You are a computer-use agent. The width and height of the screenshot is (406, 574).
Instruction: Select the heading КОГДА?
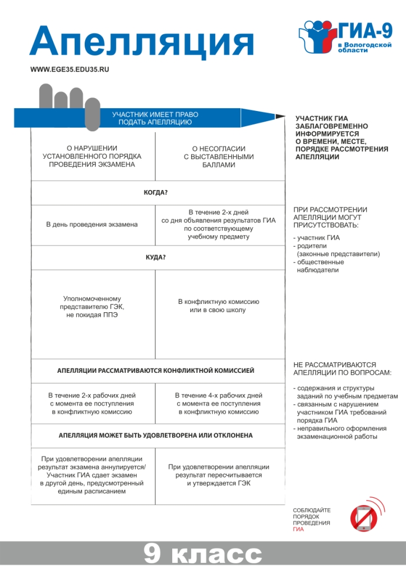pyautogui.click(x=156, y=193)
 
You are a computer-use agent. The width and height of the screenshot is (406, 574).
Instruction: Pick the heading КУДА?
pyautogui.click(x=156, y=258)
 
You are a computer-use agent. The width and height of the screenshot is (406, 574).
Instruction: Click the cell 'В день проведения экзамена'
pyautogui.click(x=92, y=224)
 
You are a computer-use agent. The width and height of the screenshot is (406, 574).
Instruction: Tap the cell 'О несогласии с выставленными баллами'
pyautogui.click(x=218, y=157)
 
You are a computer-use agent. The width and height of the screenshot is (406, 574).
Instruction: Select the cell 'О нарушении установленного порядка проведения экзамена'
pyautogui.click(x=92, y=156)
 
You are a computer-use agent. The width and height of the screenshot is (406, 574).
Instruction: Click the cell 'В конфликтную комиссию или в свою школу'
pyautogui.click(x=218, y=306)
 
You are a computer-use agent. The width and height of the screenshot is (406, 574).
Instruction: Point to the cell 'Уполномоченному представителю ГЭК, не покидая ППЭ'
pyautogui.click(x=92, y=307)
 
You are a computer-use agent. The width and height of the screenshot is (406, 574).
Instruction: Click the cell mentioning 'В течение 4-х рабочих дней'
pyautogui.click(x=218, y=404)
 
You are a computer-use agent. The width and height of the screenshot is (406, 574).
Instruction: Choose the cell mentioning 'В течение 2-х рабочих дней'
pyautogui.click(x=92, y=404)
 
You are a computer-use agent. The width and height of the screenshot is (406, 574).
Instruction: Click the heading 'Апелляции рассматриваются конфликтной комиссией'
pyautogui.click(x=156, y=371)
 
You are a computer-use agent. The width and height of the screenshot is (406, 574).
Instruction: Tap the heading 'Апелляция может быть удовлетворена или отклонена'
pyautogui.click(x=156, y=435)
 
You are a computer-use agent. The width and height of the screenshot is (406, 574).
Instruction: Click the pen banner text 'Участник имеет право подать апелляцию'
pyautogui.click(x=155, y=118)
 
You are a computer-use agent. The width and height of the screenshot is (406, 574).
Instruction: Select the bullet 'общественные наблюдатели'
pyautogui.click(x=320, y=266)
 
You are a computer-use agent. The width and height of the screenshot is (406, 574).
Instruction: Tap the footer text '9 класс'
pyautogui.click(x=202, y=554)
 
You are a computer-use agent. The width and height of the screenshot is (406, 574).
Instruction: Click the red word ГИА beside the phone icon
pyautogui.click(x=298, y=529)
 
